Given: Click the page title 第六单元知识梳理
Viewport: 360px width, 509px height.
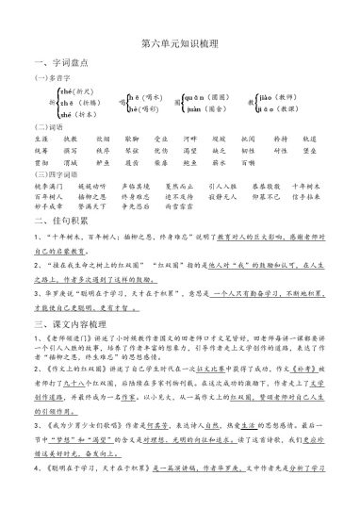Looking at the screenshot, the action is tap(179, 42).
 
